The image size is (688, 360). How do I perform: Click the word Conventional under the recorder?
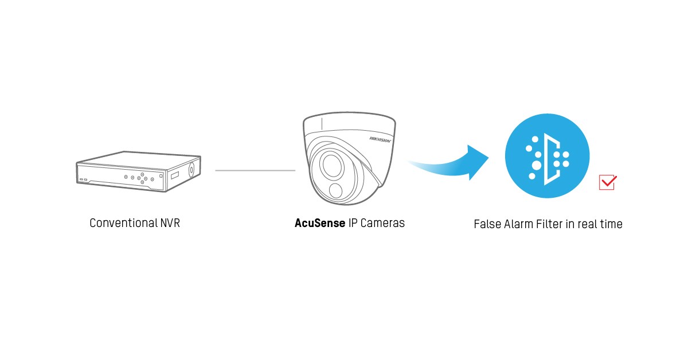117,223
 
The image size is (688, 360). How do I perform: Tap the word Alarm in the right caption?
518,224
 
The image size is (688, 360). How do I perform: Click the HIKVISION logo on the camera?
380,139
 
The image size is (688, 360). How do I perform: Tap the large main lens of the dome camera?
331,166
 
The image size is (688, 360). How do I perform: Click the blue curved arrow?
453,164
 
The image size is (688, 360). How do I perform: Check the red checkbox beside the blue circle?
607,182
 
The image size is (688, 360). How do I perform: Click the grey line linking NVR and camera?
255,170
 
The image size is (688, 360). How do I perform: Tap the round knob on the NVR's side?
191,170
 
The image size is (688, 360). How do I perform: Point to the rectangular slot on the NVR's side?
175,174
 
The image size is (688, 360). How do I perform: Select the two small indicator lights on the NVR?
83,179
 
